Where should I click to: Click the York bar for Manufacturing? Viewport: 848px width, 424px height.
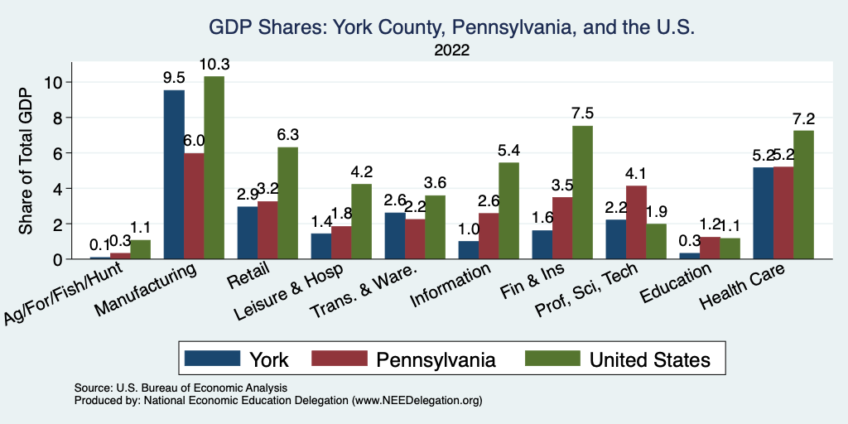click(174, 174)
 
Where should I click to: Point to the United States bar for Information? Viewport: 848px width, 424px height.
click(508, 210)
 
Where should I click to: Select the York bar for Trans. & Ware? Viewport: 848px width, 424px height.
click(395, 235)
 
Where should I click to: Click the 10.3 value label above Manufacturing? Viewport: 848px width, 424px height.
click(214, 64)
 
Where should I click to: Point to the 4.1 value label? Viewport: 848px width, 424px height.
click(637, 174)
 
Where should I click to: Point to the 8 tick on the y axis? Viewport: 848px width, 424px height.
click(55, 118)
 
